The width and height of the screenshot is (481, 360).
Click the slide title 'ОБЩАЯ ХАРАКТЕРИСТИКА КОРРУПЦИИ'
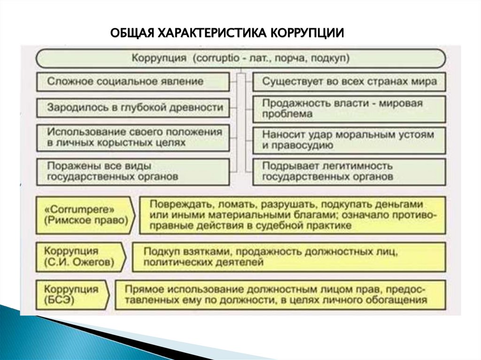(x=227, y=33)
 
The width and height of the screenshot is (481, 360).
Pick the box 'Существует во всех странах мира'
(x=349, y=81)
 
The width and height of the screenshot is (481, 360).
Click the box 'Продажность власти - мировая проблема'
(x=349, y=108)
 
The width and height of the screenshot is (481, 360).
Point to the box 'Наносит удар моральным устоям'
(x=349, y=140)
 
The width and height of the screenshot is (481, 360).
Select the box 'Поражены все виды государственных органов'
(x=133, y=171)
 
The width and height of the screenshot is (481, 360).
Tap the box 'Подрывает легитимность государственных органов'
(x=349, y=171)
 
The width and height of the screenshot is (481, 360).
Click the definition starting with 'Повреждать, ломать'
(x=292, y=215)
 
